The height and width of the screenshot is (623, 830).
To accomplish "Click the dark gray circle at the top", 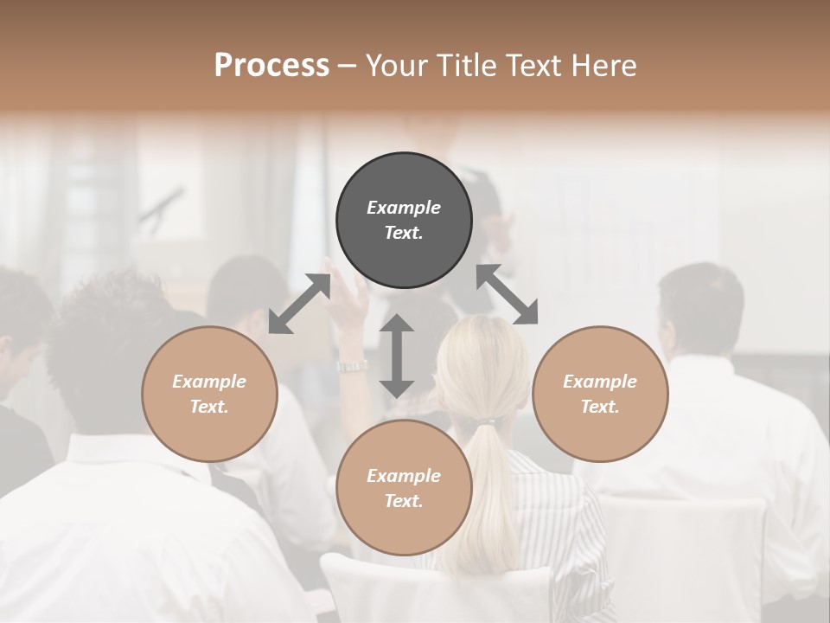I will [x=404, y=221].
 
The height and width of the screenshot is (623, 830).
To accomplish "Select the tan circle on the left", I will [x=209, y=394].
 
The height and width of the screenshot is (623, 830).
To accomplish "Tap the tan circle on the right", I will [x=600, y=394].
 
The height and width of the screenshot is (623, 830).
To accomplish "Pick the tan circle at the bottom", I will [x=404, y=488].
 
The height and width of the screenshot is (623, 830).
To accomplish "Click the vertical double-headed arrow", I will [x=397, y=356].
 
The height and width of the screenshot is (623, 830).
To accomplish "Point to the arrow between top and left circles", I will [x=299, y=304].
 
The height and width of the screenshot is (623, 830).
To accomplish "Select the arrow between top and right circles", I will [x=508, y=294].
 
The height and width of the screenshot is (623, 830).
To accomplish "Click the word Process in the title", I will [x=271, y=65].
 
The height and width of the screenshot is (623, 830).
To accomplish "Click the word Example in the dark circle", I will [x=404, y=208].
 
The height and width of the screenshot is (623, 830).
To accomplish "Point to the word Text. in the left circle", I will [x=209, y=407].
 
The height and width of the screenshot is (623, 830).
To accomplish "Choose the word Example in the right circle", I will [x=600, y=382].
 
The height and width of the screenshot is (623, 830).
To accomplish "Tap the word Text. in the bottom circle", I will [x=404, y=501].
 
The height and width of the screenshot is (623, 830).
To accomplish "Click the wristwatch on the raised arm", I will [x=352, y=366].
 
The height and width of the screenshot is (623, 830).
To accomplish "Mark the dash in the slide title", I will [x=347, y=66].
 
